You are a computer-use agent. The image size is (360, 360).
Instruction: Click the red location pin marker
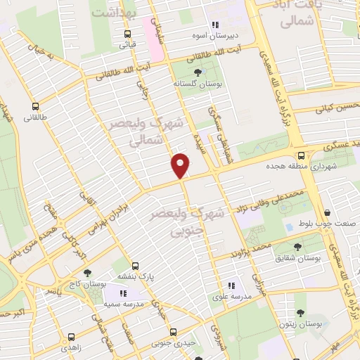pos(181,165)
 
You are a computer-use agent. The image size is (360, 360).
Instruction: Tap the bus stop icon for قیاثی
pos(127,34)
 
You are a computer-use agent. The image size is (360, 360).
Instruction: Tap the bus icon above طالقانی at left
pos(35,107)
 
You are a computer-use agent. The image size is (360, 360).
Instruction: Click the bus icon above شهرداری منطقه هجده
pos(302,155)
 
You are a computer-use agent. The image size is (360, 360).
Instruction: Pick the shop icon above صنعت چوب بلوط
pos(329,212)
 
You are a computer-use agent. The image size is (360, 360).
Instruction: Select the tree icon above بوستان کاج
pos(87,273)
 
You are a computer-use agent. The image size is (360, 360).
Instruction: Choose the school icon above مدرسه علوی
pos(231,285)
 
